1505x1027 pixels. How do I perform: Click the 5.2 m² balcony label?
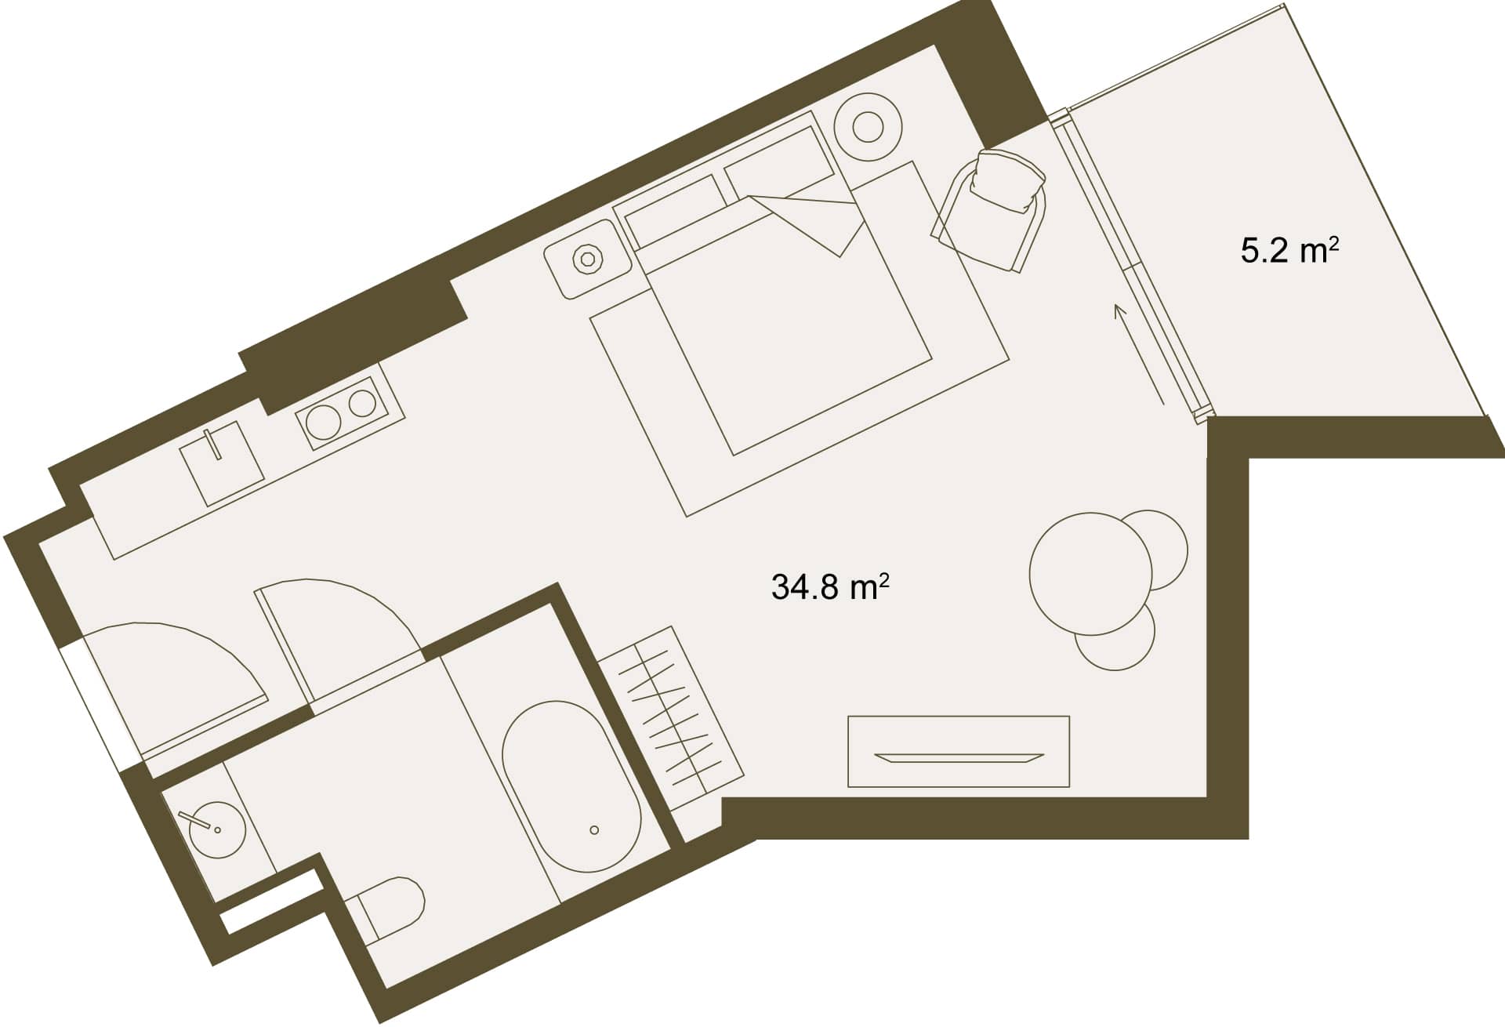click(x=1289, y=252)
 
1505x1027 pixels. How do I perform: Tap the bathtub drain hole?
click(x=594, y=829)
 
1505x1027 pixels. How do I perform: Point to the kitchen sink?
click(x=222, y=463)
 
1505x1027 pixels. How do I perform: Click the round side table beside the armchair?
click(x=867, y=127)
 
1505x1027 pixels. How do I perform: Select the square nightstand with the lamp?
click(x=588, y=259)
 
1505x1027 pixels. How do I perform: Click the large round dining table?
click(x=1090, y=572)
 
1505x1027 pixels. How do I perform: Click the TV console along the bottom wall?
click(x=959, y=752)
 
